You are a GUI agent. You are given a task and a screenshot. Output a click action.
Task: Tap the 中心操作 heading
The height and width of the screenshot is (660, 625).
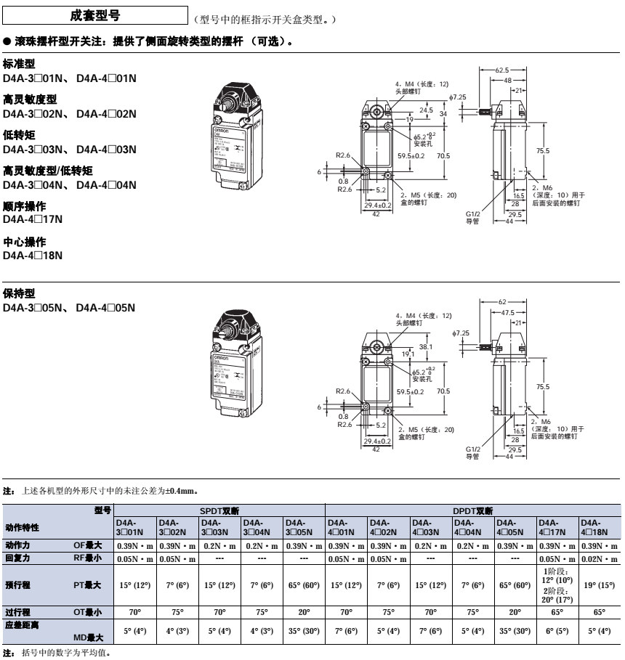tap(25, 241)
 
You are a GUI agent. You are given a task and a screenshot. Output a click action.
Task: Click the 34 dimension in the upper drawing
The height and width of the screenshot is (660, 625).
tap(443, 114)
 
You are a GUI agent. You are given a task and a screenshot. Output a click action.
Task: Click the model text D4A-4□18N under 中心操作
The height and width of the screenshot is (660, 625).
tap(33, 255)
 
